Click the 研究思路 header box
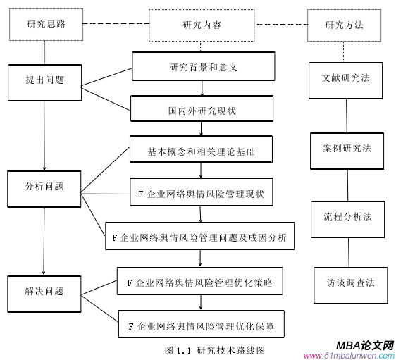coord(45,25)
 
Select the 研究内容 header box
coord(202,25)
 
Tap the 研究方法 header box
coord(345,25)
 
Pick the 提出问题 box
coord(44,81)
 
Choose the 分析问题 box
coord(44,187)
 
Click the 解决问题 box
coord(44,292)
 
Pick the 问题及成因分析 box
coord(199,237)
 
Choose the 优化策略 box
coord(200,283)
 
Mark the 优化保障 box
coord(201,326)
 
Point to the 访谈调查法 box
coord(350,283)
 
